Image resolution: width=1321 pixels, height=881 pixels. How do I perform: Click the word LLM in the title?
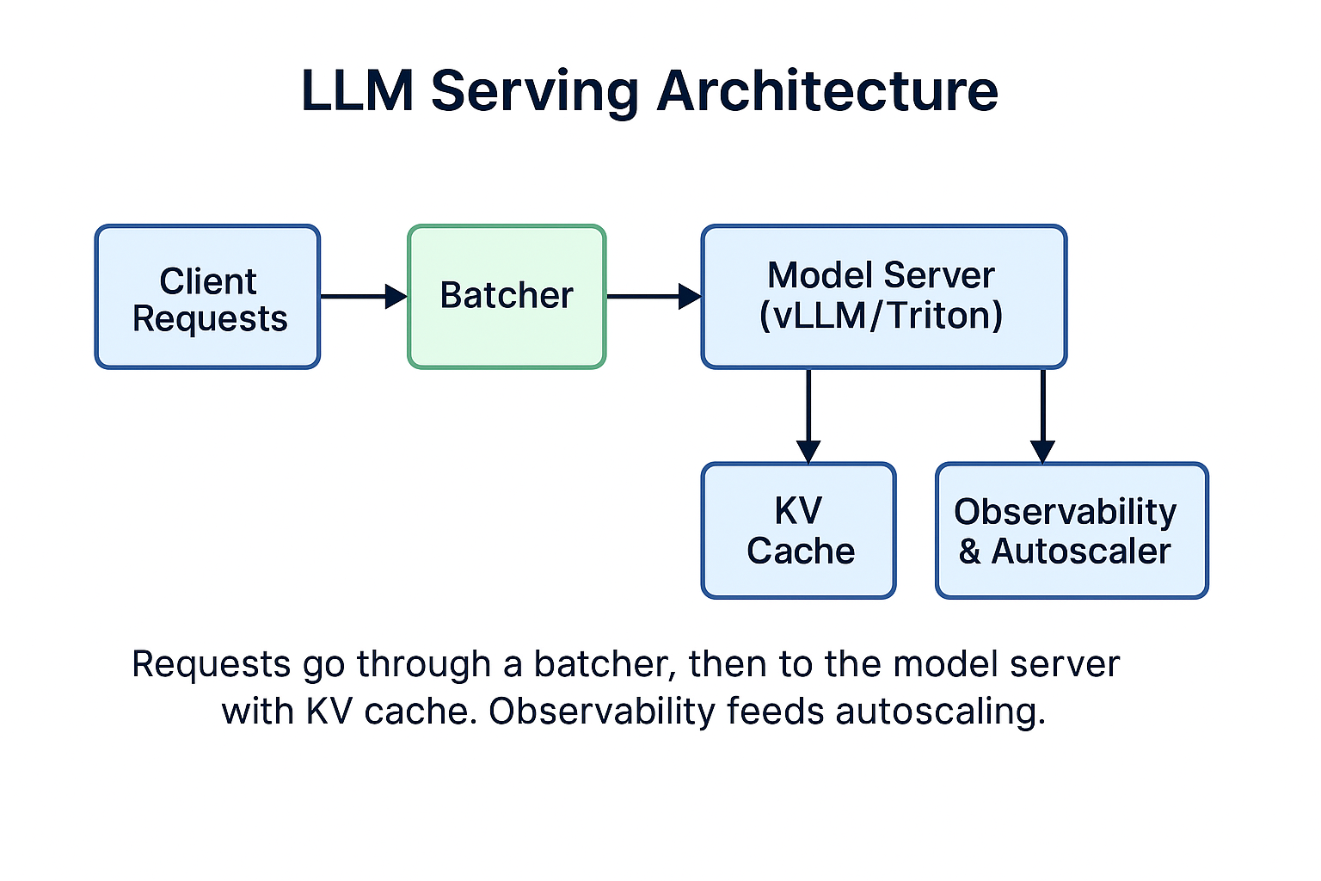coord(357,90)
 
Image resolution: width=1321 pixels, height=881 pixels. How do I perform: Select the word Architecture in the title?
coord(826,90)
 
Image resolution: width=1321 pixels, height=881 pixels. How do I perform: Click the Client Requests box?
coord(207,297)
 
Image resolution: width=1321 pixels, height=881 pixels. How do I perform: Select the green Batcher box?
coord(507,297)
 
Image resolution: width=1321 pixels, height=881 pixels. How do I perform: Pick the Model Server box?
coord(883,297)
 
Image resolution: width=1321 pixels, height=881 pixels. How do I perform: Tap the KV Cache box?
coord(798,530)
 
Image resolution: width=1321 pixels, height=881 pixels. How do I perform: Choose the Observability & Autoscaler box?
coord(1071,530)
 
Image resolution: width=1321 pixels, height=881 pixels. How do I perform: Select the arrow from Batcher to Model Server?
coord(653,296)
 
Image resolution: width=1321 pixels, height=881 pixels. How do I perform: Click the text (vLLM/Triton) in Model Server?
coord(881,316)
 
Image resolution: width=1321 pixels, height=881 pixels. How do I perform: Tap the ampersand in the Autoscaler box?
coord(970,551)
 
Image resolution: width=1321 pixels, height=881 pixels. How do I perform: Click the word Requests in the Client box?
coord(210,319)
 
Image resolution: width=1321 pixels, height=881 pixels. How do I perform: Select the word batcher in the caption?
coord(600,664)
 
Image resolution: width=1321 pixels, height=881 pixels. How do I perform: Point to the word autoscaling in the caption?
coord(940,712)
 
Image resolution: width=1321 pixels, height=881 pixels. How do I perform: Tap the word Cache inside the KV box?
coord(801,551)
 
